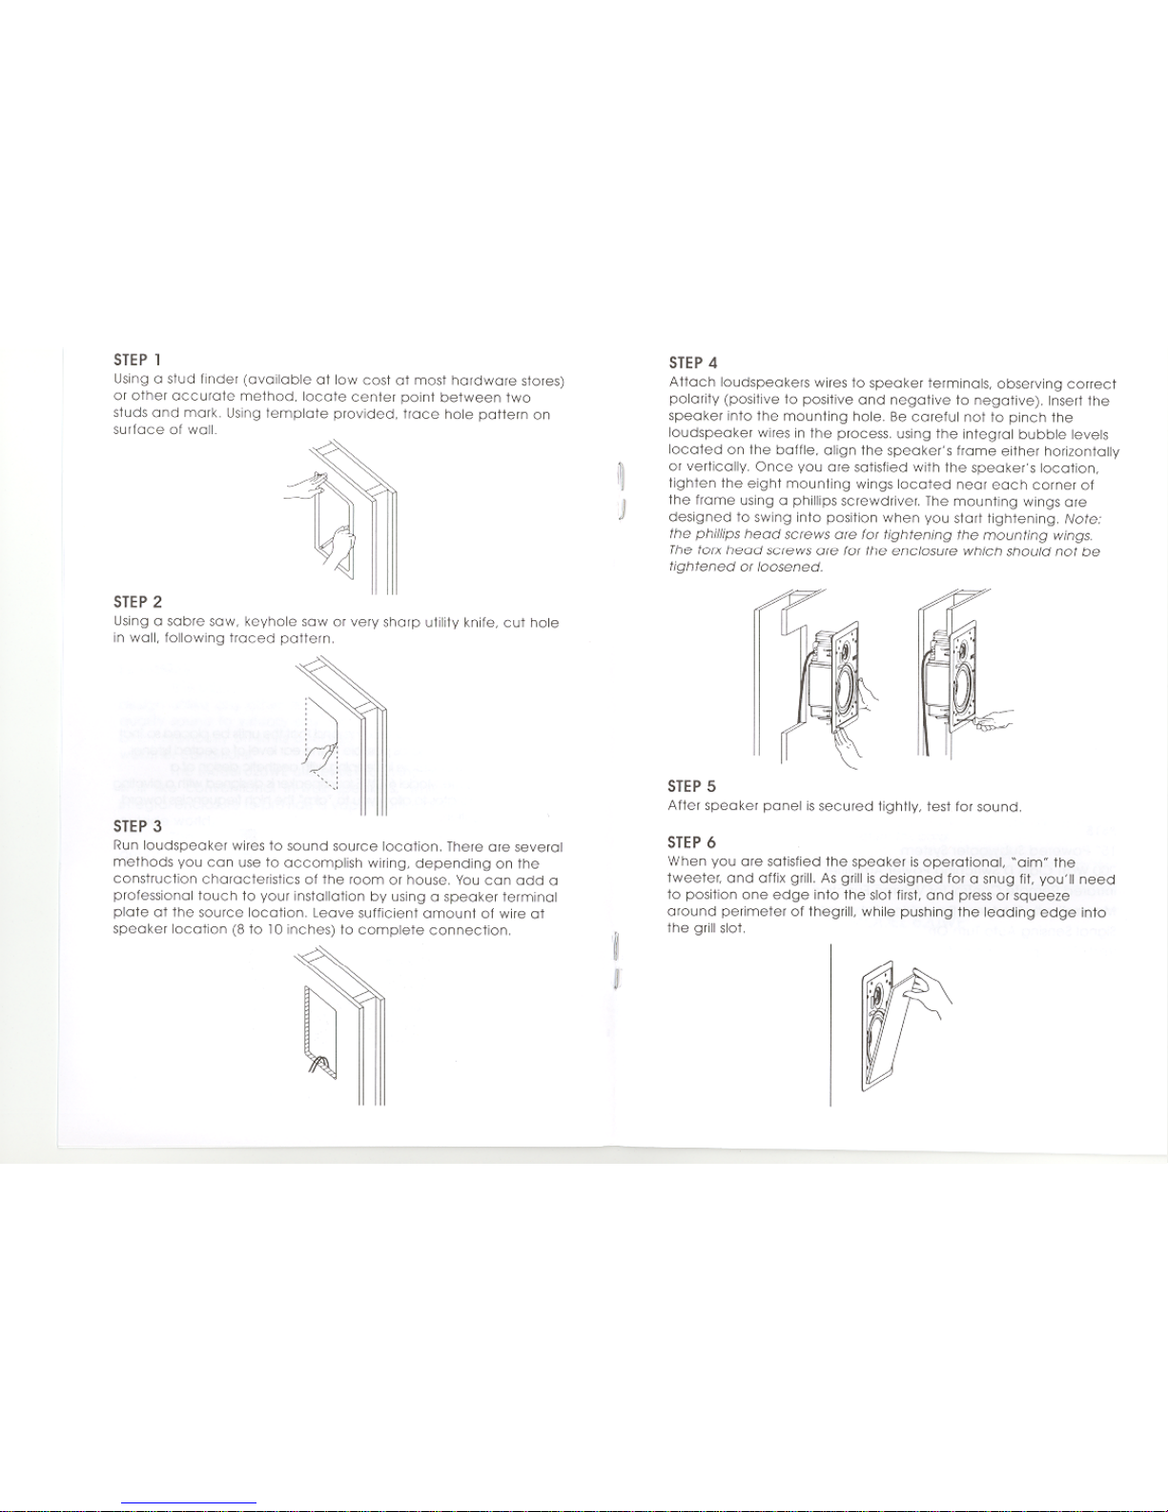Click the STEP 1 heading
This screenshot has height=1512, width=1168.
137,360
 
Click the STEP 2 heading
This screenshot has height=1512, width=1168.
137,602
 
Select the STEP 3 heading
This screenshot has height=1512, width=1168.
137,826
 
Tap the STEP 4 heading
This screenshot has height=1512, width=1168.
692,362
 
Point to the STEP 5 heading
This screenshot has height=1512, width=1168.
691,786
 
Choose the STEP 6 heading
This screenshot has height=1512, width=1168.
691,842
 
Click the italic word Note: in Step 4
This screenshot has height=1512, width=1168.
1083,519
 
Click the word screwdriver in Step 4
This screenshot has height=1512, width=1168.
873,502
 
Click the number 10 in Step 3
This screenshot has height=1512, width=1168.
277,930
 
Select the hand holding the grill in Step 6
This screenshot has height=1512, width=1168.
932,993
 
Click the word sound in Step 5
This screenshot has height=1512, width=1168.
999,807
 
